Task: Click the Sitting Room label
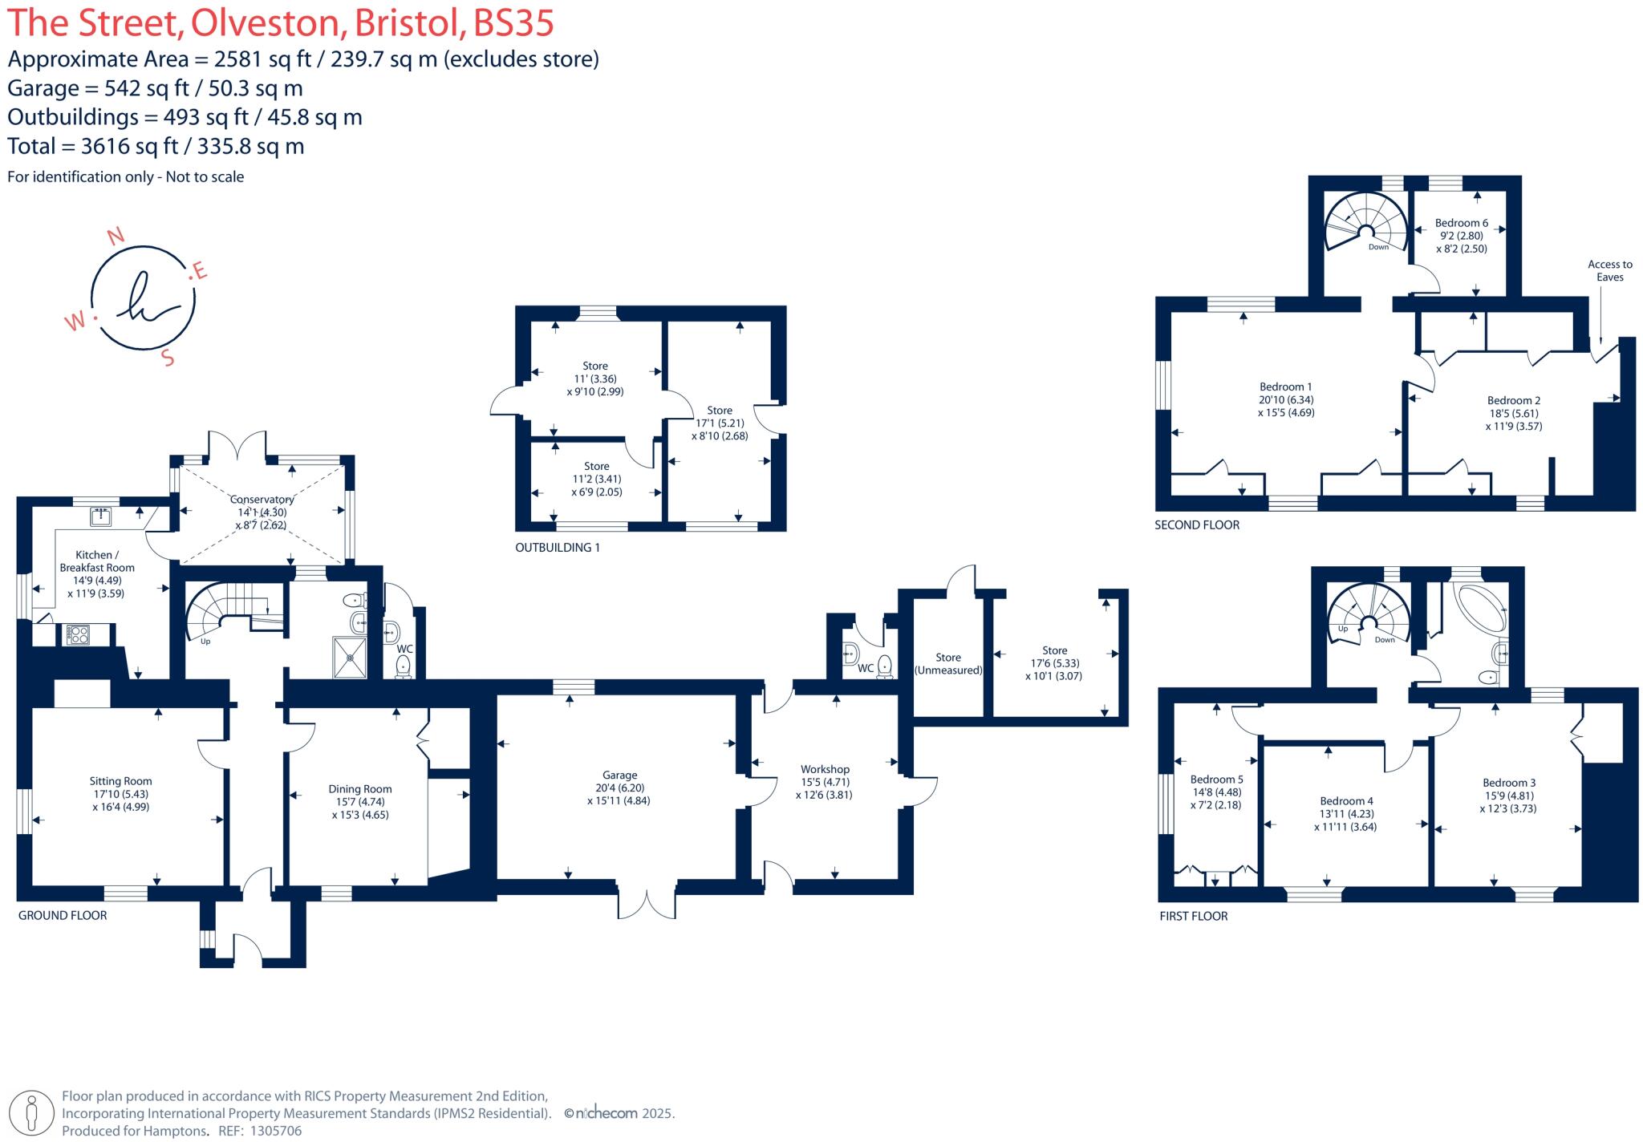point(120,781)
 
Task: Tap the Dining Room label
point(359,789)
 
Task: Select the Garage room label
point(619,776)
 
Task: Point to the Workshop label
point(824,769)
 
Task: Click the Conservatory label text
point(262,500)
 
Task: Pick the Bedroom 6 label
point(1461,223)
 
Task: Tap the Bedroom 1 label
point(1285,387)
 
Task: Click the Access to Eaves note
point(1609,270)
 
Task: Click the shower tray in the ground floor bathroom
point(351,658)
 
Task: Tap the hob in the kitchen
point(79,635)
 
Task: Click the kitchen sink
point(100,516)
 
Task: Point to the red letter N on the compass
point(116,236)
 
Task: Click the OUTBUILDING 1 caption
point(557,548)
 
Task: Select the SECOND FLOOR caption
point(1196,525)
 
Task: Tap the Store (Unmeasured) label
point(948,663)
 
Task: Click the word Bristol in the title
point(408,22)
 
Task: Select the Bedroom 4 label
point(1346,800)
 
